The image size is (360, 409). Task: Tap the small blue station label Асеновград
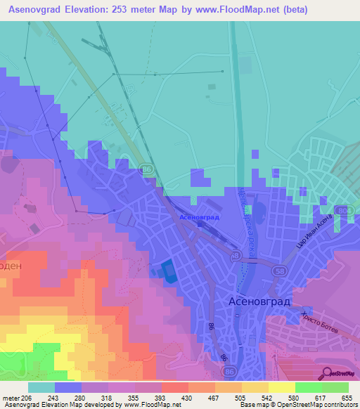200,218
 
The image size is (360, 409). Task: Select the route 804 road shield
342,211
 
